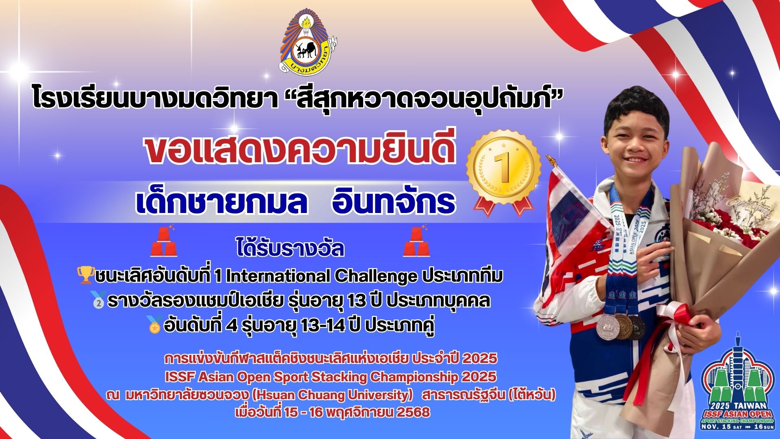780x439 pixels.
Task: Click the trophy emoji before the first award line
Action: (86, 275)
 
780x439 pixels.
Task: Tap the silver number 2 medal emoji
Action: (100, 300)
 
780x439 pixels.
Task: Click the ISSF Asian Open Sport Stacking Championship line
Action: (330, 377)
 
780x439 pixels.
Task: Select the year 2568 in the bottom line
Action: (413, 412)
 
